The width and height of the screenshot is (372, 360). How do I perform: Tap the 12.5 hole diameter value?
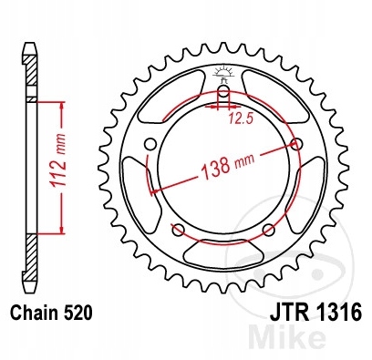click(x=241, y=119)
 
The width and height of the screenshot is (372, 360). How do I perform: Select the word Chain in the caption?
click(x=35, y=313)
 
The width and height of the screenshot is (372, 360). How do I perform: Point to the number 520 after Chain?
click(x=78, y=313)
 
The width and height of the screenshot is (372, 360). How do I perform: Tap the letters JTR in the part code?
click(x=289, y=312)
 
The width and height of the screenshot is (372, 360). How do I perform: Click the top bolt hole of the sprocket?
click(x=223, y=90)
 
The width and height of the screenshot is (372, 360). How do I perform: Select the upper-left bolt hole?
click(x=150, y=144)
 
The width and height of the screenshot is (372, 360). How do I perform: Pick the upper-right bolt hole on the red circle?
click(x=297, y=144)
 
